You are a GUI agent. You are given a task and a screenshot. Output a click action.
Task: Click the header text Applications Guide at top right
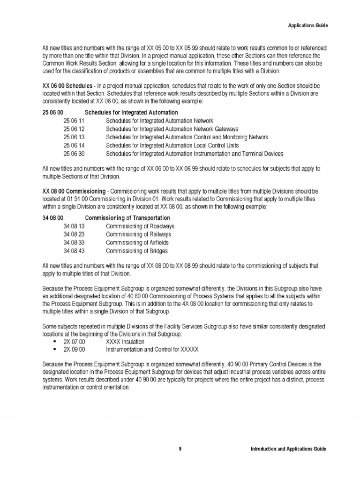coord(307,25)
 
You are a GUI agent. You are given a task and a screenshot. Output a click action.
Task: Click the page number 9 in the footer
coord(180,449)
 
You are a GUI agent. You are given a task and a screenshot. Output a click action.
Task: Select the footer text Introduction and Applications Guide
coord(288,449)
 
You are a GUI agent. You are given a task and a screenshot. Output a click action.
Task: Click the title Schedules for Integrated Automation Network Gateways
coord(172,129)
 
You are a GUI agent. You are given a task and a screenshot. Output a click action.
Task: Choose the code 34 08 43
coord(74,251)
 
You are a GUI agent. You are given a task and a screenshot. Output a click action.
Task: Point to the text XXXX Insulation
coord(125,342)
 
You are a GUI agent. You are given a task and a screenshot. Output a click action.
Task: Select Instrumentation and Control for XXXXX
coord(152,350)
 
